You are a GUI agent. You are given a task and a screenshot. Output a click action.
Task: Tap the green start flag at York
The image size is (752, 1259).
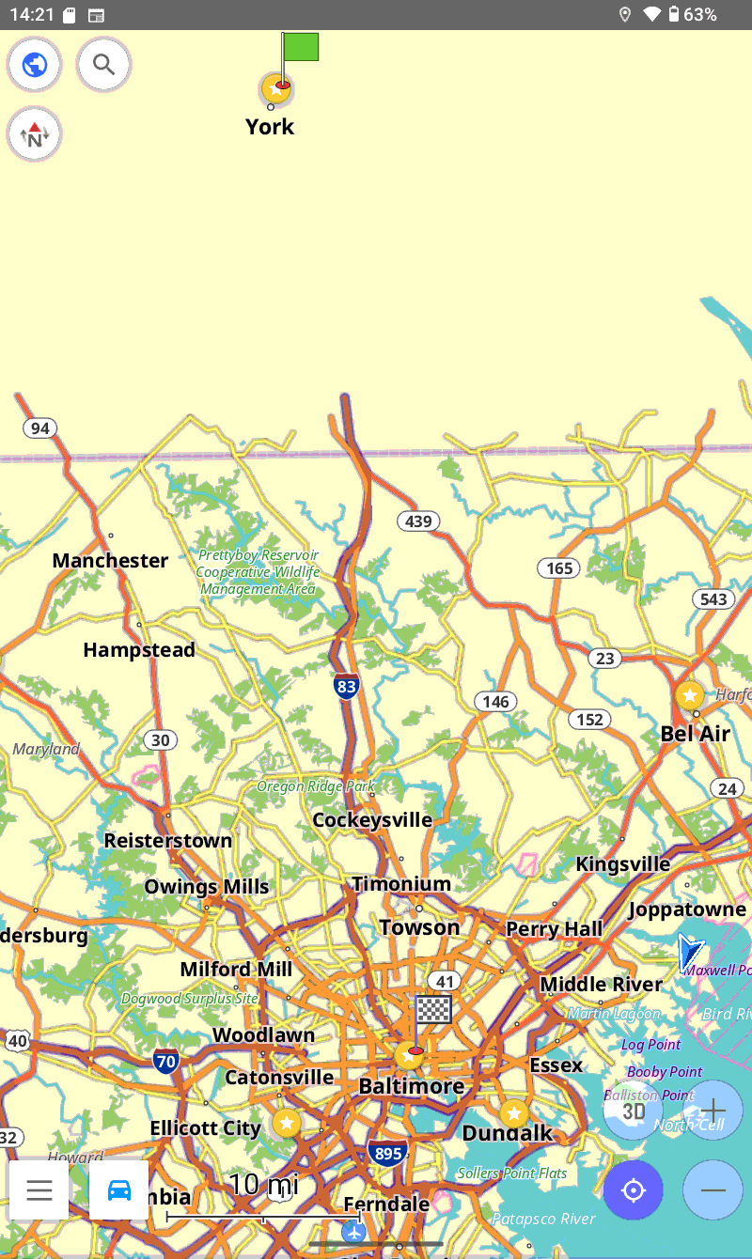point(300,47)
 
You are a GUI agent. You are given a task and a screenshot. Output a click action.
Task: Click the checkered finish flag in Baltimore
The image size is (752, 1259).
point(432,1010)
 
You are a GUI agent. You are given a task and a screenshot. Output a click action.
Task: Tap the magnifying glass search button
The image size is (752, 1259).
point(103,65)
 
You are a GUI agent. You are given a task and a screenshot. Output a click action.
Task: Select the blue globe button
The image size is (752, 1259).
point(35,65)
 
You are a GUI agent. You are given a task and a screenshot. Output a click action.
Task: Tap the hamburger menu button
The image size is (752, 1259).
point(39,1190)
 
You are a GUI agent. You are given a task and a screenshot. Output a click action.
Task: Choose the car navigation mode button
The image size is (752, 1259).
point(119,1190)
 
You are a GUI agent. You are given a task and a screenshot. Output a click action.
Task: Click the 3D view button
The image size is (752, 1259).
point(634,1111)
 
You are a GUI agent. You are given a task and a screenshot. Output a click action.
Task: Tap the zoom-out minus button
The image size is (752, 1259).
point(713,1190)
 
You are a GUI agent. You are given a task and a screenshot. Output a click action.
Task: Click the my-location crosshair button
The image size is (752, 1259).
point(634,1190)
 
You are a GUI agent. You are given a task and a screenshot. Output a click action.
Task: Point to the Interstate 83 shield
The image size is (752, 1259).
point(347,687)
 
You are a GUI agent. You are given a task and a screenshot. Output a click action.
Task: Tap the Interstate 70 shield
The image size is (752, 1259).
point(166,1062)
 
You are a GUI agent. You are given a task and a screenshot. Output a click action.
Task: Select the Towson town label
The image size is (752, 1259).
point(419,927)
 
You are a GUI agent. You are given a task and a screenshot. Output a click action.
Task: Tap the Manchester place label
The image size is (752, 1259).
point(110,561)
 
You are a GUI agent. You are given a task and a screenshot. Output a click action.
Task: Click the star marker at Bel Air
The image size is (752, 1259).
point(690,695)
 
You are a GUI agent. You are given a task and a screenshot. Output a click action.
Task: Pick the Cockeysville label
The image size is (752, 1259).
point(372,820)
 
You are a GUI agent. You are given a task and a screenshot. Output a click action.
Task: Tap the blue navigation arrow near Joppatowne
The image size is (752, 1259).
point(691,952)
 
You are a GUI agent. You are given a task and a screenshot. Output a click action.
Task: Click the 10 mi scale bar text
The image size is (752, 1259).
point(263,1185)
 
